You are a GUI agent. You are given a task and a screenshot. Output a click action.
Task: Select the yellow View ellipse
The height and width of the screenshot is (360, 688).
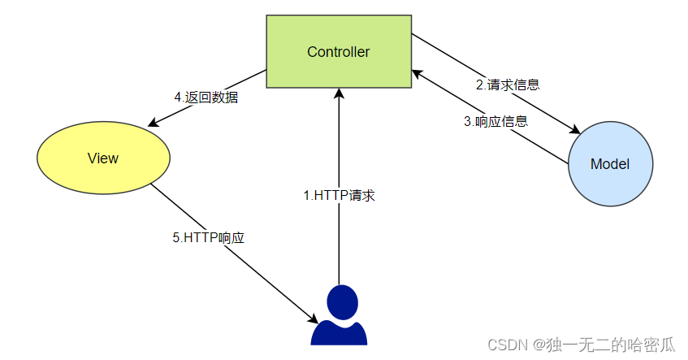[103, 158]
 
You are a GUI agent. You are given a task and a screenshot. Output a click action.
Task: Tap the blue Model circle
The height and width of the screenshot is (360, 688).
[610, 163]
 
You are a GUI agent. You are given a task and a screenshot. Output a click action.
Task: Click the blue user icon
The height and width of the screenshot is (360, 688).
[339, 317]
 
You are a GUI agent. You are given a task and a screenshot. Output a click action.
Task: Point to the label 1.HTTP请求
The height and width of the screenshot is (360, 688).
[339, 195]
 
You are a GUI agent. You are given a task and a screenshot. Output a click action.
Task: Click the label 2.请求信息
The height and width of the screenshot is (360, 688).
[508, 84]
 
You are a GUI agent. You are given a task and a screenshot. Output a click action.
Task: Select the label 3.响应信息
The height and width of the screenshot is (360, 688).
[495, 122]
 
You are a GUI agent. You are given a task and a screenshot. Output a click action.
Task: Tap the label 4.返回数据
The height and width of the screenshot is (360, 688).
[206, 97]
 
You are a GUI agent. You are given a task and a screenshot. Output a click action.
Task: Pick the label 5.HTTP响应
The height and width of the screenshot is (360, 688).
[209, 238]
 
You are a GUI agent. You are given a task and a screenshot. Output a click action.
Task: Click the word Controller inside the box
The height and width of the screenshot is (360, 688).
[339, 52]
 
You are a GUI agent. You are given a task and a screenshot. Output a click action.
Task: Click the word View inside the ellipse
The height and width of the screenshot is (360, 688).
[103, 158]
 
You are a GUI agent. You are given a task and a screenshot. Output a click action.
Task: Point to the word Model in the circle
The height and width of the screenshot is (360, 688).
[610, 164]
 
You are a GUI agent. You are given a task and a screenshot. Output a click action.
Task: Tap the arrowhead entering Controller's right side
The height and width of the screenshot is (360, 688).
[417, 73]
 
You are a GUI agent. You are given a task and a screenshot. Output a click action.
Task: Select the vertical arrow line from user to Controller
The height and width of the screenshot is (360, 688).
[339, 244]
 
